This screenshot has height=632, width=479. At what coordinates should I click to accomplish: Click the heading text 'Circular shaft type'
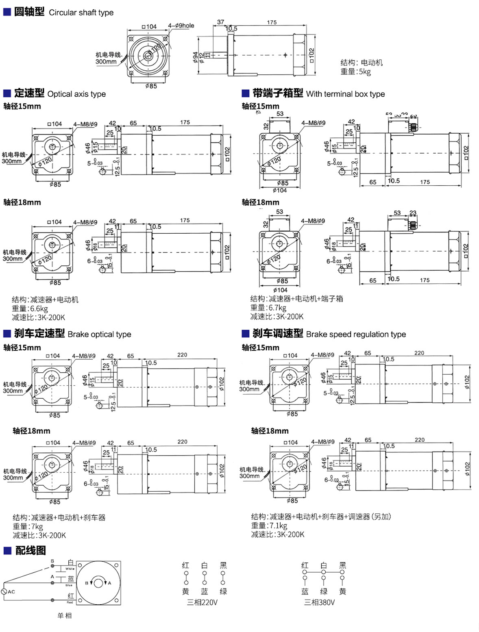81,13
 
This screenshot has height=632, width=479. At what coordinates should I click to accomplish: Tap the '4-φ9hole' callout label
181,26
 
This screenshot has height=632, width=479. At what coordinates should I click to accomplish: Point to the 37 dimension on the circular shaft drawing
220,22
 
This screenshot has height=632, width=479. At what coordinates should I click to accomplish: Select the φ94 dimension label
196,57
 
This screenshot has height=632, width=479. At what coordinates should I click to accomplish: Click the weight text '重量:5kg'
356,72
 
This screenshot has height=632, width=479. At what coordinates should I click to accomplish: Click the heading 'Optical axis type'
76,94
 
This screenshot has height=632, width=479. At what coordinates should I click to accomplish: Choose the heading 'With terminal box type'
345,94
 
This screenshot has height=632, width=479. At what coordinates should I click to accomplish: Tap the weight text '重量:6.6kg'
30,308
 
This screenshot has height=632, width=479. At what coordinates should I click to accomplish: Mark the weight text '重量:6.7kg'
268,308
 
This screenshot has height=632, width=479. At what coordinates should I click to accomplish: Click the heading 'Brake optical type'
99,334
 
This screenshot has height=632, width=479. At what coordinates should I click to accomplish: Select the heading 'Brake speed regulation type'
356,334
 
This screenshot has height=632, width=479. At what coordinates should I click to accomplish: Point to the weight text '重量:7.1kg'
269,526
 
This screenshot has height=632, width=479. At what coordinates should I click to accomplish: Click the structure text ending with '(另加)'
321,517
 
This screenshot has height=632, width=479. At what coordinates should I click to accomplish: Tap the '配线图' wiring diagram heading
30,550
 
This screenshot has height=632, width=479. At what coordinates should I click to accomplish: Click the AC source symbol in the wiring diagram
4,591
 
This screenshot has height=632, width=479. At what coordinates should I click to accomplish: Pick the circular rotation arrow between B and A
98,583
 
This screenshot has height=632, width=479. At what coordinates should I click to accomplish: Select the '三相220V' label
202,602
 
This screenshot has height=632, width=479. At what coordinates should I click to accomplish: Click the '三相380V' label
319,602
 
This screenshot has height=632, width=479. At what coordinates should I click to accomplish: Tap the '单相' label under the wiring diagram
64,615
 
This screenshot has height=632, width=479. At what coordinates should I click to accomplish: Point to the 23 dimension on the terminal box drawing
413,213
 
